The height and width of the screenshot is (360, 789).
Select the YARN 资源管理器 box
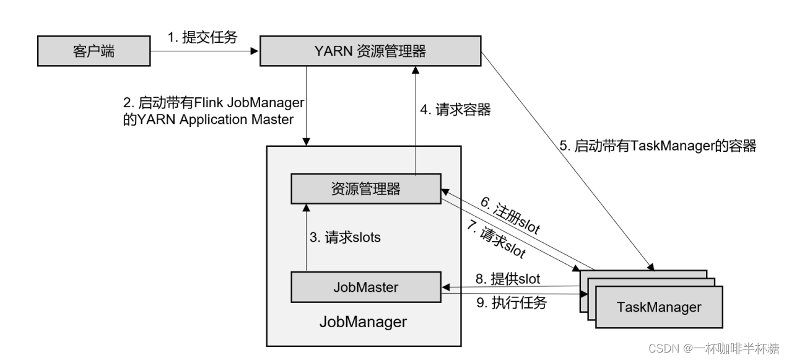370,51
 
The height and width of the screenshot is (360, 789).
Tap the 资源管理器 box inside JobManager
365,189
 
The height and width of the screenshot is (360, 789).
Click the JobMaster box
365,287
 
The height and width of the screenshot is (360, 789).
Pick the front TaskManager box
659,307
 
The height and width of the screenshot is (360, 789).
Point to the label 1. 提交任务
202,37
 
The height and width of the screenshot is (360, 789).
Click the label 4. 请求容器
455,110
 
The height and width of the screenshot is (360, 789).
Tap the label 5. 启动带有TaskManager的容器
657,147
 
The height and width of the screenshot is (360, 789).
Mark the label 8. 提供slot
507,279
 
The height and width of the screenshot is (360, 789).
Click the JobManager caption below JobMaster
363,322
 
